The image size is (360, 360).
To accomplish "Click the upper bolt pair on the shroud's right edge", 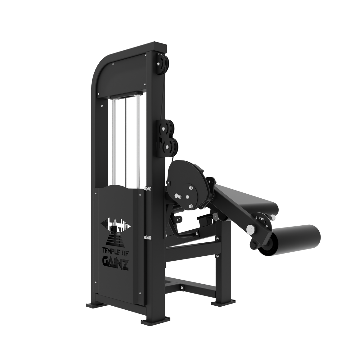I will click(x=147, y=188).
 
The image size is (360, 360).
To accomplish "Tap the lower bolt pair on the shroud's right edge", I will click(x=147, y=238).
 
